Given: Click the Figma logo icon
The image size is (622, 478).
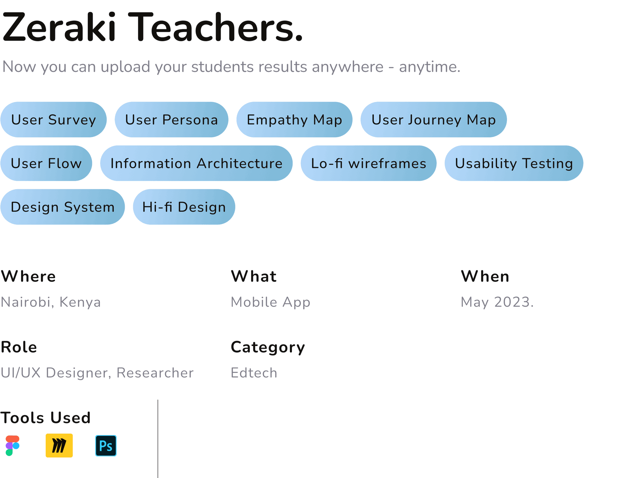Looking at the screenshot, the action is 13,446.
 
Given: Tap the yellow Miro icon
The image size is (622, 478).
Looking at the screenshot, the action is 59,446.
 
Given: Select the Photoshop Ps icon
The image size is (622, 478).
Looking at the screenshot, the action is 106,446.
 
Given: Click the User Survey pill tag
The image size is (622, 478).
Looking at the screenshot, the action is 53,119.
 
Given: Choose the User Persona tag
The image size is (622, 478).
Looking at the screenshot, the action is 171,119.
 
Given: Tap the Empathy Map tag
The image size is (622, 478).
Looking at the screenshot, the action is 294,119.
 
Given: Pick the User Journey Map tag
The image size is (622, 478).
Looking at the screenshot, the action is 433,119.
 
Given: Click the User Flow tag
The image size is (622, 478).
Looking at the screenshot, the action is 46,163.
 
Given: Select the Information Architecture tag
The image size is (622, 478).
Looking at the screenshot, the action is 196,163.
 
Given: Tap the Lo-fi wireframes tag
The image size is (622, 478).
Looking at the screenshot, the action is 368,163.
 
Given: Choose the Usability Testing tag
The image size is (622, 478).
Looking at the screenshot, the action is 514,163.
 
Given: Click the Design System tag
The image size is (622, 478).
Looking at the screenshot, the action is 63,207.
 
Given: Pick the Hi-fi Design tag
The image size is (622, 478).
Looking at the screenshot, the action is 184,207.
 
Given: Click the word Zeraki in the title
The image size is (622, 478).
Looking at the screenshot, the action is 59,27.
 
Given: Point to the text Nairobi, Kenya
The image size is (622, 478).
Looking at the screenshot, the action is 51,302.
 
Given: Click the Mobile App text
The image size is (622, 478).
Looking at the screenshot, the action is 271,302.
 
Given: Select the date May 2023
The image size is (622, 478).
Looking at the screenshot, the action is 497,302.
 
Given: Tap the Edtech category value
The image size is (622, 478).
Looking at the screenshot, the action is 254,373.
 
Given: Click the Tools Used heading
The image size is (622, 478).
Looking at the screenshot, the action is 45,418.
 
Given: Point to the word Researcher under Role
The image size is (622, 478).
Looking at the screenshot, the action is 155,373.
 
